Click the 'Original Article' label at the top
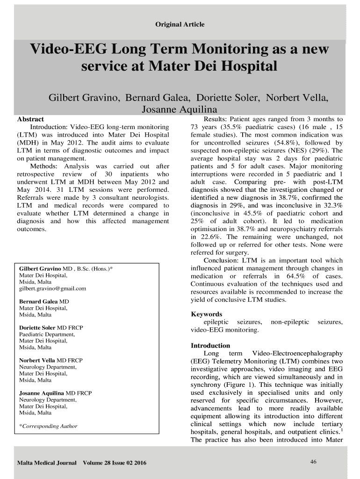180,24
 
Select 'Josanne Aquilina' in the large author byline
180,109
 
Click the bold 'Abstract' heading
30,119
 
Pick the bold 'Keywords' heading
207,314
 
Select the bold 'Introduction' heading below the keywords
210,346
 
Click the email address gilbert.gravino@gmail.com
52,289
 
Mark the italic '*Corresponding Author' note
48,426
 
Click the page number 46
313,462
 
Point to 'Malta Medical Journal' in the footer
47,463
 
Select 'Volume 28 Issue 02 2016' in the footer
115,463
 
